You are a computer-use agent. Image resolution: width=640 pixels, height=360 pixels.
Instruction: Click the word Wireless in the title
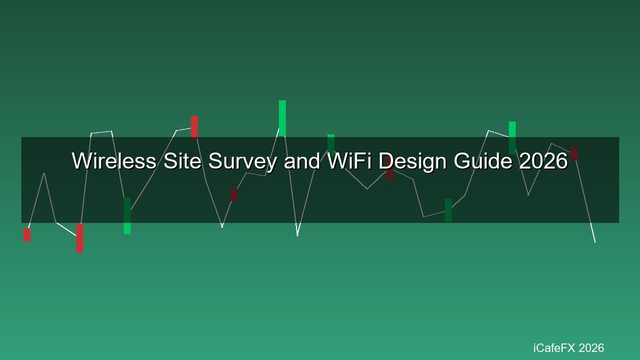coord(114,161)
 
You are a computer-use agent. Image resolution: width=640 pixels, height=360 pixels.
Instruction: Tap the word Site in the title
coord(182,161)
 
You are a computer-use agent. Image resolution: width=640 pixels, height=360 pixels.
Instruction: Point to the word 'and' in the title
coord(302,161)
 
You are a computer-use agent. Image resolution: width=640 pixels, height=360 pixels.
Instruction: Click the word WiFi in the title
coord(349,161)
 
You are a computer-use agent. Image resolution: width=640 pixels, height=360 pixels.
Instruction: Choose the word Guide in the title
coord(482,161)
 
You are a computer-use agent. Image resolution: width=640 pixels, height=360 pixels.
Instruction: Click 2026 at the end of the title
coord(543,161)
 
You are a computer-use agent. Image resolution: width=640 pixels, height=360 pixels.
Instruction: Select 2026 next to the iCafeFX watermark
coord(591,348)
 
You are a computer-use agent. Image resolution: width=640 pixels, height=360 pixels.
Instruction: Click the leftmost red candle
coord(27,235)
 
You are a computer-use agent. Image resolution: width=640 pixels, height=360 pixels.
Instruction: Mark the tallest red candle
coord(79,238)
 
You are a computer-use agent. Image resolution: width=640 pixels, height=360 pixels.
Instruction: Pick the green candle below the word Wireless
coord(127,215)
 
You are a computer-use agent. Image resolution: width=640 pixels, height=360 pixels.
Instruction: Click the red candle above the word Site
coord(194,127)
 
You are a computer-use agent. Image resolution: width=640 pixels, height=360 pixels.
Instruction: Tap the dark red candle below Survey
coord(234,195)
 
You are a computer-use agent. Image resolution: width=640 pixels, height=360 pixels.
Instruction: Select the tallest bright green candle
coord(282,118)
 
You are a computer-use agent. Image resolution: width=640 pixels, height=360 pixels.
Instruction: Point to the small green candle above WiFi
coord(331,143)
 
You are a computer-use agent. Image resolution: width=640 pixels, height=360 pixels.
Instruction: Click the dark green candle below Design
coord(449,210)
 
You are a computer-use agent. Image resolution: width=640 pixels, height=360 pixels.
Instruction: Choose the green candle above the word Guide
coord(513,138)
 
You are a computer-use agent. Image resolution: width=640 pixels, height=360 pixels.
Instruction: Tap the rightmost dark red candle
coord(574,154)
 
